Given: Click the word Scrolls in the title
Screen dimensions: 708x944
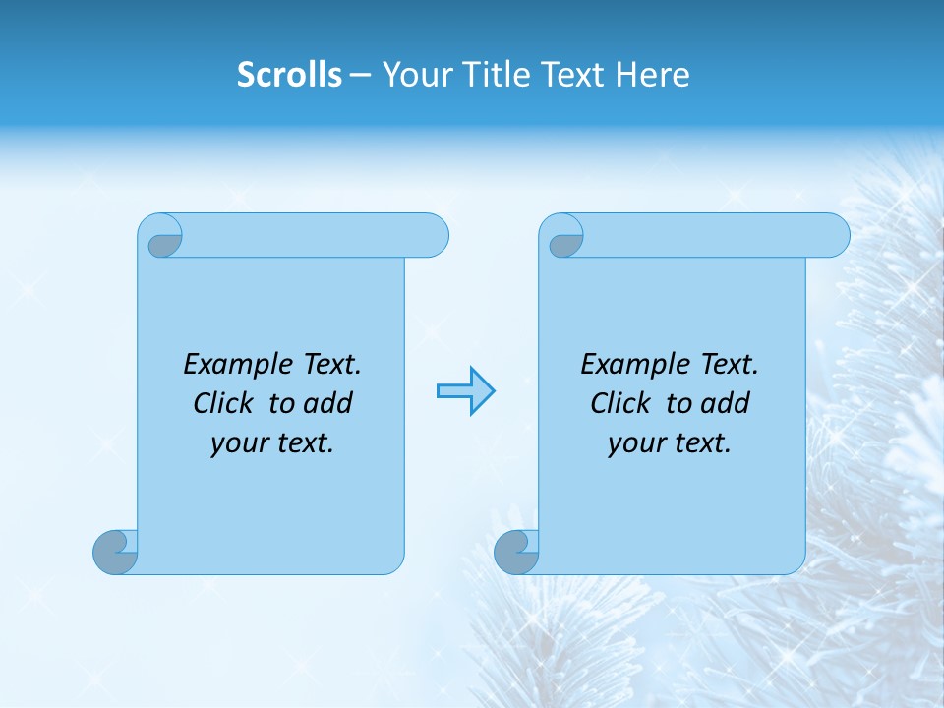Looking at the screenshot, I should (289, 75).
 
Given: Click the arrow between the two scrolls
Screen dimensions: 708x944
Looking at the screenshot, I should (465, 391).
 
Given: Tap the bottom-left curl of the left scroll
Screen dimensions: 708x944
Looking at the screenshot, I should (116, 552).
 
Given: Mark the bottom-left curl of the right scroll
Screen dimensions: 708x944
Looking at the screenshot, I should (516, 552).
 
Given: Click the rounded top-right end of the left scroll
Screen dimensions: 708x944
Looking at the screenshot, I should (433, 235).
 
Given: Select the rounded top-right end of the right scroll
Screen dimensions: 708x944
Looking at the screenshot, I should (834, 235).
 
